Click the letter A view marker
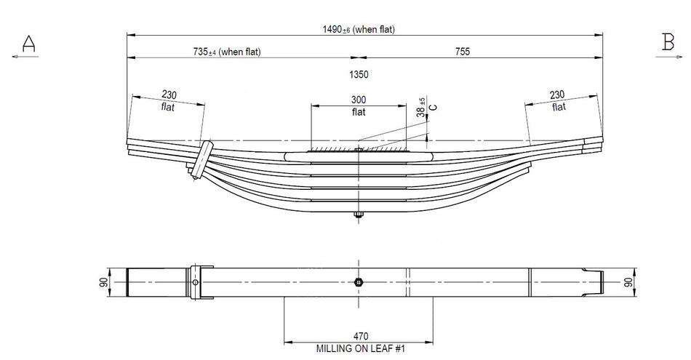(28, 44)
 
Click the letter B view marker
(668, 43)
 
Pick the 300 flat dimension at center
(359, 105)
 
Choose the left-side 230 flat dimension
(169, 100)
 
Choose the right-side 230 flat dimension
(558, 100)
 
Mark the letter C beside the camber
(434, 107)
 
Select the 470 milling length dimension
(360, 335)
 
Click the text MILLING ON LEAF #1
(360, 348)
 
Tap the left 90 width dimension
(104, 282)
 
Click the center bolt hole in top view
(359, 282)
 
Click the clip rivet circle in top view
(196, 282)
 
